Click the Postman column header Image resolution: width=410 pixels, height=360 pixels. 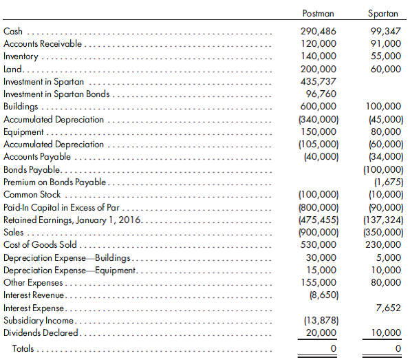pyautogui.click(x=319, y=13)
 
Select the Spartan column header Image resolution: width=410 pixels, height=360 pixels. pyautogui.click(x=384, y=13)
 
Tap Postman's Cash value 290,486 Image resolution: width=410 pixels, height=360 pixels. pyautogui.click(x=319, y=32)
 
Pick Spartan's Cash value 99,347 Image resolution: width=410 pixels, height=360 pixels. pyautogui.click(x=385, y=32)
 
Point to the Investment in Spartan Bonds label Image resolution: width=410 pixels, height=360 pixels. pyautogui.click(x=56, y=94)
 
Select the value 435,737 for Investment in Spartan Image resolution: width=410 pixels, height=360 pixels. pyautogui.click(x=319, y=81)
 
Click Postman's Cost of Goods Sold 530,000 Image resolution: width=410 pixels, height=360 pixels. pyautogui.click(x=319, y=244)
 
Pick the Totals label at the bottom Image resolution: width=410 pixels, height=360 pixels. pyautogui.click(x=23, y=349)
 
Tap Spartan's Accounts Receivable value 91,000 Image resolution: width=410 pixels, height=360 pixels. pyautogui.click(x=386, y=44)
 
